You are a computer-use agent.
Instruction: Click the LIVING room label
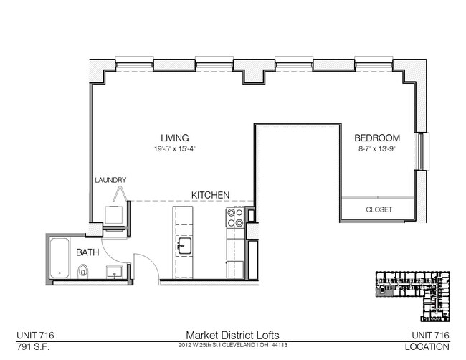point(174,138)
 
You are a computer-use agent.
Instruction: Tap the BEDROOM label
point(377,138)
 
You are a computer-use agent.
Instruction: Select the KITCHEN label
point(210,194)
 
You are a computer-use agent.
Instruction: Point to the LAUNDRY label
point(111,180)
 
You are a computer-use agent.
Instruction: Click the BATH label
point(87,252)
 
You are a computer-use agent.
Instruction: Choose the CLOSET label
point(379,210)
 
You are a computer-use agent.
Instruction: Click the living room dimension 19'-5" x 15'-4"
point(174,149)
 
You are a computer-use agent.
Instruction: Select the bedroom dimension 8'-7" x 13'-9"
point(377,149)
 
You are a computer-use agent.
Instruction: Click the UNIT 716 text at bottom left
point(36,335)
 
